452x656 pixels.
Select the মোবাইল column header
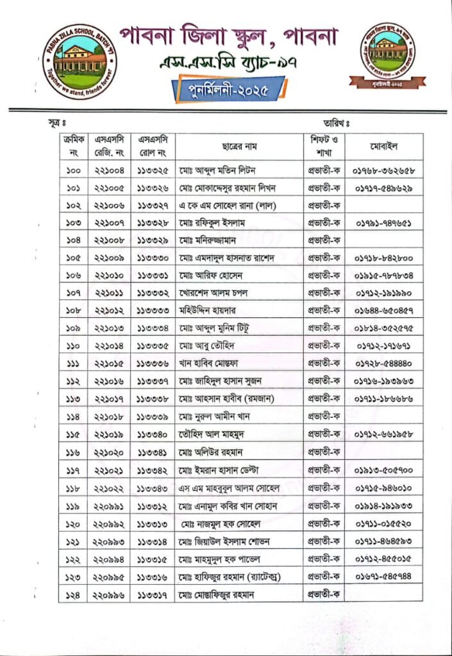click(383, 145)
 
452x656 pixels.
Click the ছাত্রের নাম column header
click(239, 145)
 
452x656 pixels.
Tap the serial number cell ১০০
click(72, 170)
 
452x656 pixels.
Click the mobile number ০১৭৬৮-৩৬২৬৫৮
click(384, 171)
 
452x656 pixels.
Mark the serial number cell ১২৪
click(72, 594)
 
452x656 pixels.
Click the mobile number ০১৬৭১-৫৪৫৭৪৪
click(384, 577)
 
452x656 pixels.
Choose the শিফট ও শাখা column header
click(324, 145)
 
